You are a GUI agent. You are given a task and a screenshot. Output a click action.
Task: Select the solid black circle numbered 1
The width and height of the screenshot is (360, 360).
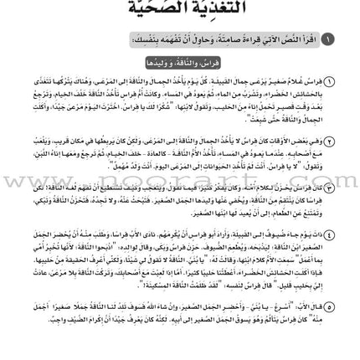[x=328, y=40]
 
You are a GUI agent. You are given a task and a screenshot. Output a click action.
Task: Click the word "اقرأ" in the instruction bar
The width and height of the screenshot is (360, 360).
[x=309, y=40]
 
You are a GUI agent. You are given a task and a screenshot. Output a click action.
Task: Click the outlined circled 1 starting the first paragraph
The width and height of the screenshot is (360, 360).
[x=329, y=81]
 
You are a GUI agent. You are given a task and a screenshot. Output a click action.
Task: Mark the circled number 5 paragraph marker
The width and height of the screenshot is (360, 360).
[x=329, y=284]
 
